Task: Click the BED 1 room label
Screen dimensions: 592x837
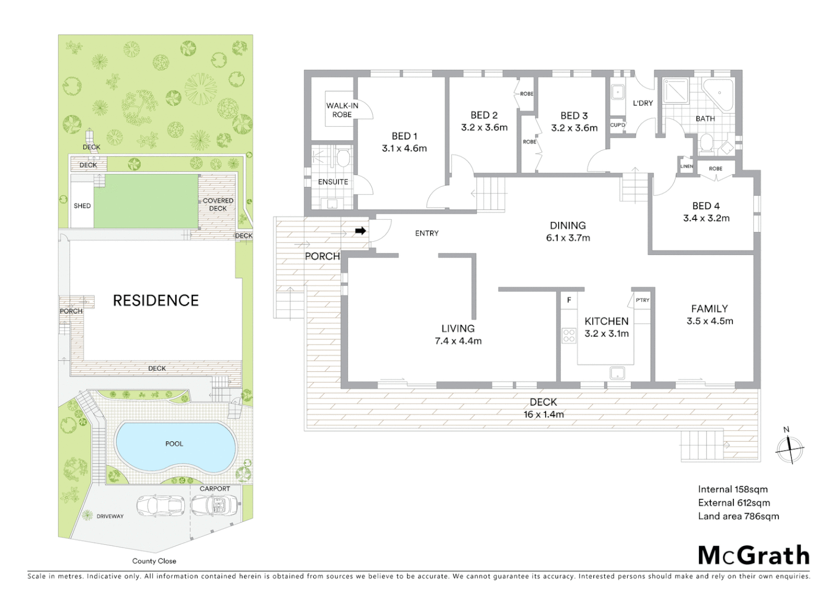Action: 404,142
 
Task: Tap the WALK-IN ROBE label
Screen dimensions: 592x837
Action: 342,110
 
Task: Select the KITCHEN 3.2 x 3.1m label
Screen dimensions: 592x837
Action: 606,327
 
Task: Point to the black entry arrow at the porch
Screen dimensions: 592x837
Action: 360,231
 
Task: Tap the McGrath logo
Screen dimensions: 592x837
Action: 754,555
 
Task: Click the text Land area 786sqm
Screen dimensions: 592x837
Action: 738,516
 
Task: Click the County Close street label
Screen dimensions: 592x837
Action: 154,561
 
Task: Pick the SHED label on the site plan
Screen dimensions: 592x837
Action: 82,206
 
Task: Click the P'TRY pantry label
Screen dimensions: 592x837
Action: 643,300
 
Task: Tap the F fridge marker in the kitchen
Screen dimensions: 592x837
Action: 569,300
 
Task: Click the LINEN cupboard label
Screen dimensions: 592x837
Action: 686,166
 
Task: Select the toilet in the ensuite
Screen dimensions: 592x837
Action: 343,159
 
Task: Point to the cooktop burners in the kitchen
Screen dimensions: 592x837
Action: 569,335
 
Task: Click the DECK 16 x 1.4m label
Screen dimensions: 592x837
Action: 543,408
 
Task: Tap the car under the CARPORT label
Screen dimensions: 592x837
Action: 215,505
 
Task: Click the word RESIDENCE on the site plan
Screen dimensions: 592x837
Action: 156,300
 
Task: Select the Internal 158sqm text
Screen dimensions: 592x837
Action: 732,489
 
